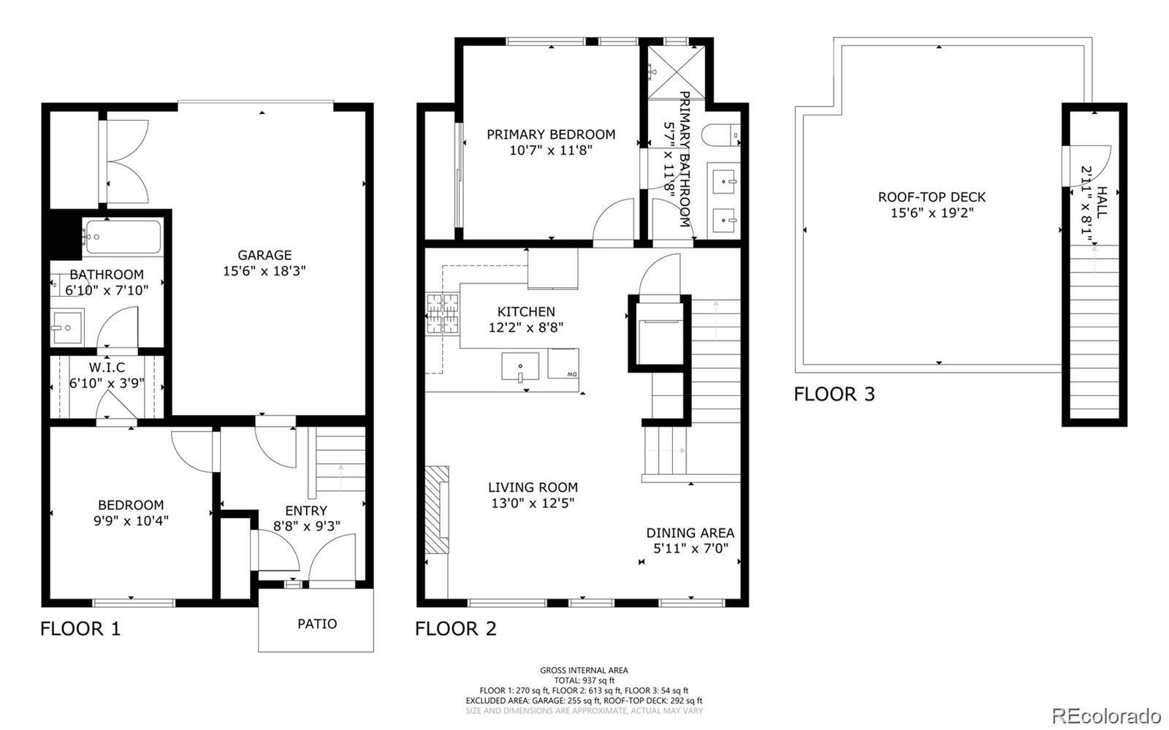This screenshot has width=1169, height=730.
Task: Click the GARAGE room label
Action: (x=264, y=255)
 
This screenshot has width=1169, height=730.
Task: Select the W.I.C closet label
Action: (x=107, y=368)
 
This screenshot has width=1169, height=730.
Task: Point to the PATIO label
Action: (x=317, y=623)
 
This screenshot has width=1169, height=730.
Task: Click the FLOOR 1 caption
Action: (x=80, y=628)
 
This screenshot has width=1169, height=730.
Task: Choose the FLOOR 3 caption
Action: (x=834, y=394)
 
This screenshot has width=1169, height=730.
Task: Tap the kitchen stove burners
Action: (x=443, y=313)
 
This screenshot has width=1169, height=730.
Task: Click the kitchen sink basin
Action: (x=519, y=366)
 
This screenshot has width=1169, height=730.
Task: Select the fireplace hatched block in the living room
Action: (x=436, y=510)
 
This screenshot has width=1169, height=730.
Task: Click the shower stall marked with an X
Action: (x=676, y=72)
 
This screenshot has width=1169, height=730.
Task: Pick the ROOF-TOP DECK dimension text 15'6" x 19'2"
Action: (x=932, y=213)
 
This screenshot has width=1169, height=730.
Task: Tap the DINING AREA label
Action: (x=690, y=533)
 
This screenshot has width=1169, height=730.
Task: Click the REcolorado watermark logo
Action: (x=1106, y=715)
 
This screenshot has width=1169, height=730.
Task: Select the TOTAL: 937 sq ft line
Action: (x=584, y=680)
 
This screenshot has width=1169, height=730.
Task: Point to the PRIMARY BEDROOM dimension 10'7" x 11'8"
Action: (x=551, y=151)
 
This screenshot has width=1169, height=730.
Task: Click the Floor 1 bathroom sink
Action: (x=66, y=327)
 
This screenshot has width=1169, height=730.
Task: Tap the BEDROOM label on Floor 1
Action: (x=131, y=505)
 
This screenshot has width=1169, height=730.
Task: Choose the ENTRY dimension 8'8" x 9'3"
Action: (x=307, y=526)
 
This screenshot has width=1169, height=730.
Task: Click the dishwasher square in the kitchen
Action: (x=563, y=363)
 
